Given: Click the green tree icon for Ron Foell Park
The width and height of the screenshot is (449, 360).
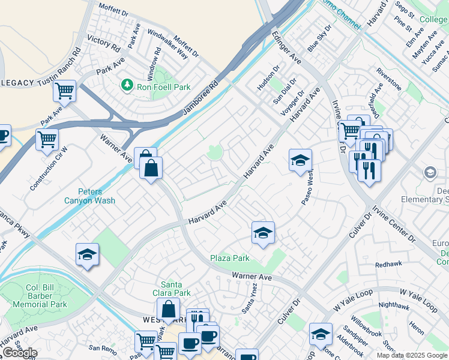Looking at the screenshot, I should click(127, 86).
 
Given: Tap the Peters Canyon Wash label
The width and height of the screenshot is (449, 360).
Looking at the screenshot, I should click(89, 196).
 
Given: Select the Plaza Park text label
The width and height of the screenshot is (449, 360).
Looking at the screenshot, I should click(229, 259).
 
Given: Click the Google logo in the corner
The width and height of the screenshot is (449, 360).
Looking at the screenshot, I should click(19, 353).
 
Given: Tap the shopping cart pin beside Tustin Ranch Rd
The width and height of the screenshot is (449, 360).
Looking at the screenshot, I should click(64, 92).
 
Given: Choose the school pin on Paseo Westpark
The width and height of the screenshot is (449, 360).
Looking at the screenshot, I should click(300, 160).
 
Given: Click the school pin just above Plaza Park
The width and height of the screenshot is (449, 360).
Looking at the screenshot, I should click(262, 233).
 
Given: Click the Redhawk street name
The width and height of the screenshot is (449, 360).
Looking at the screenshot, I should click(388, 264).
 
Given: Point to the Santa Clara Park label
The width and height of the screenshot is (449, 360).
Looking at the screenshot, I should click(175, 289).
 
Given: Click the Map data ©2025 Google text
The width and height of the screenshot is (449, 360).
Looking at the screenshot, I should click(412, 355).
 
